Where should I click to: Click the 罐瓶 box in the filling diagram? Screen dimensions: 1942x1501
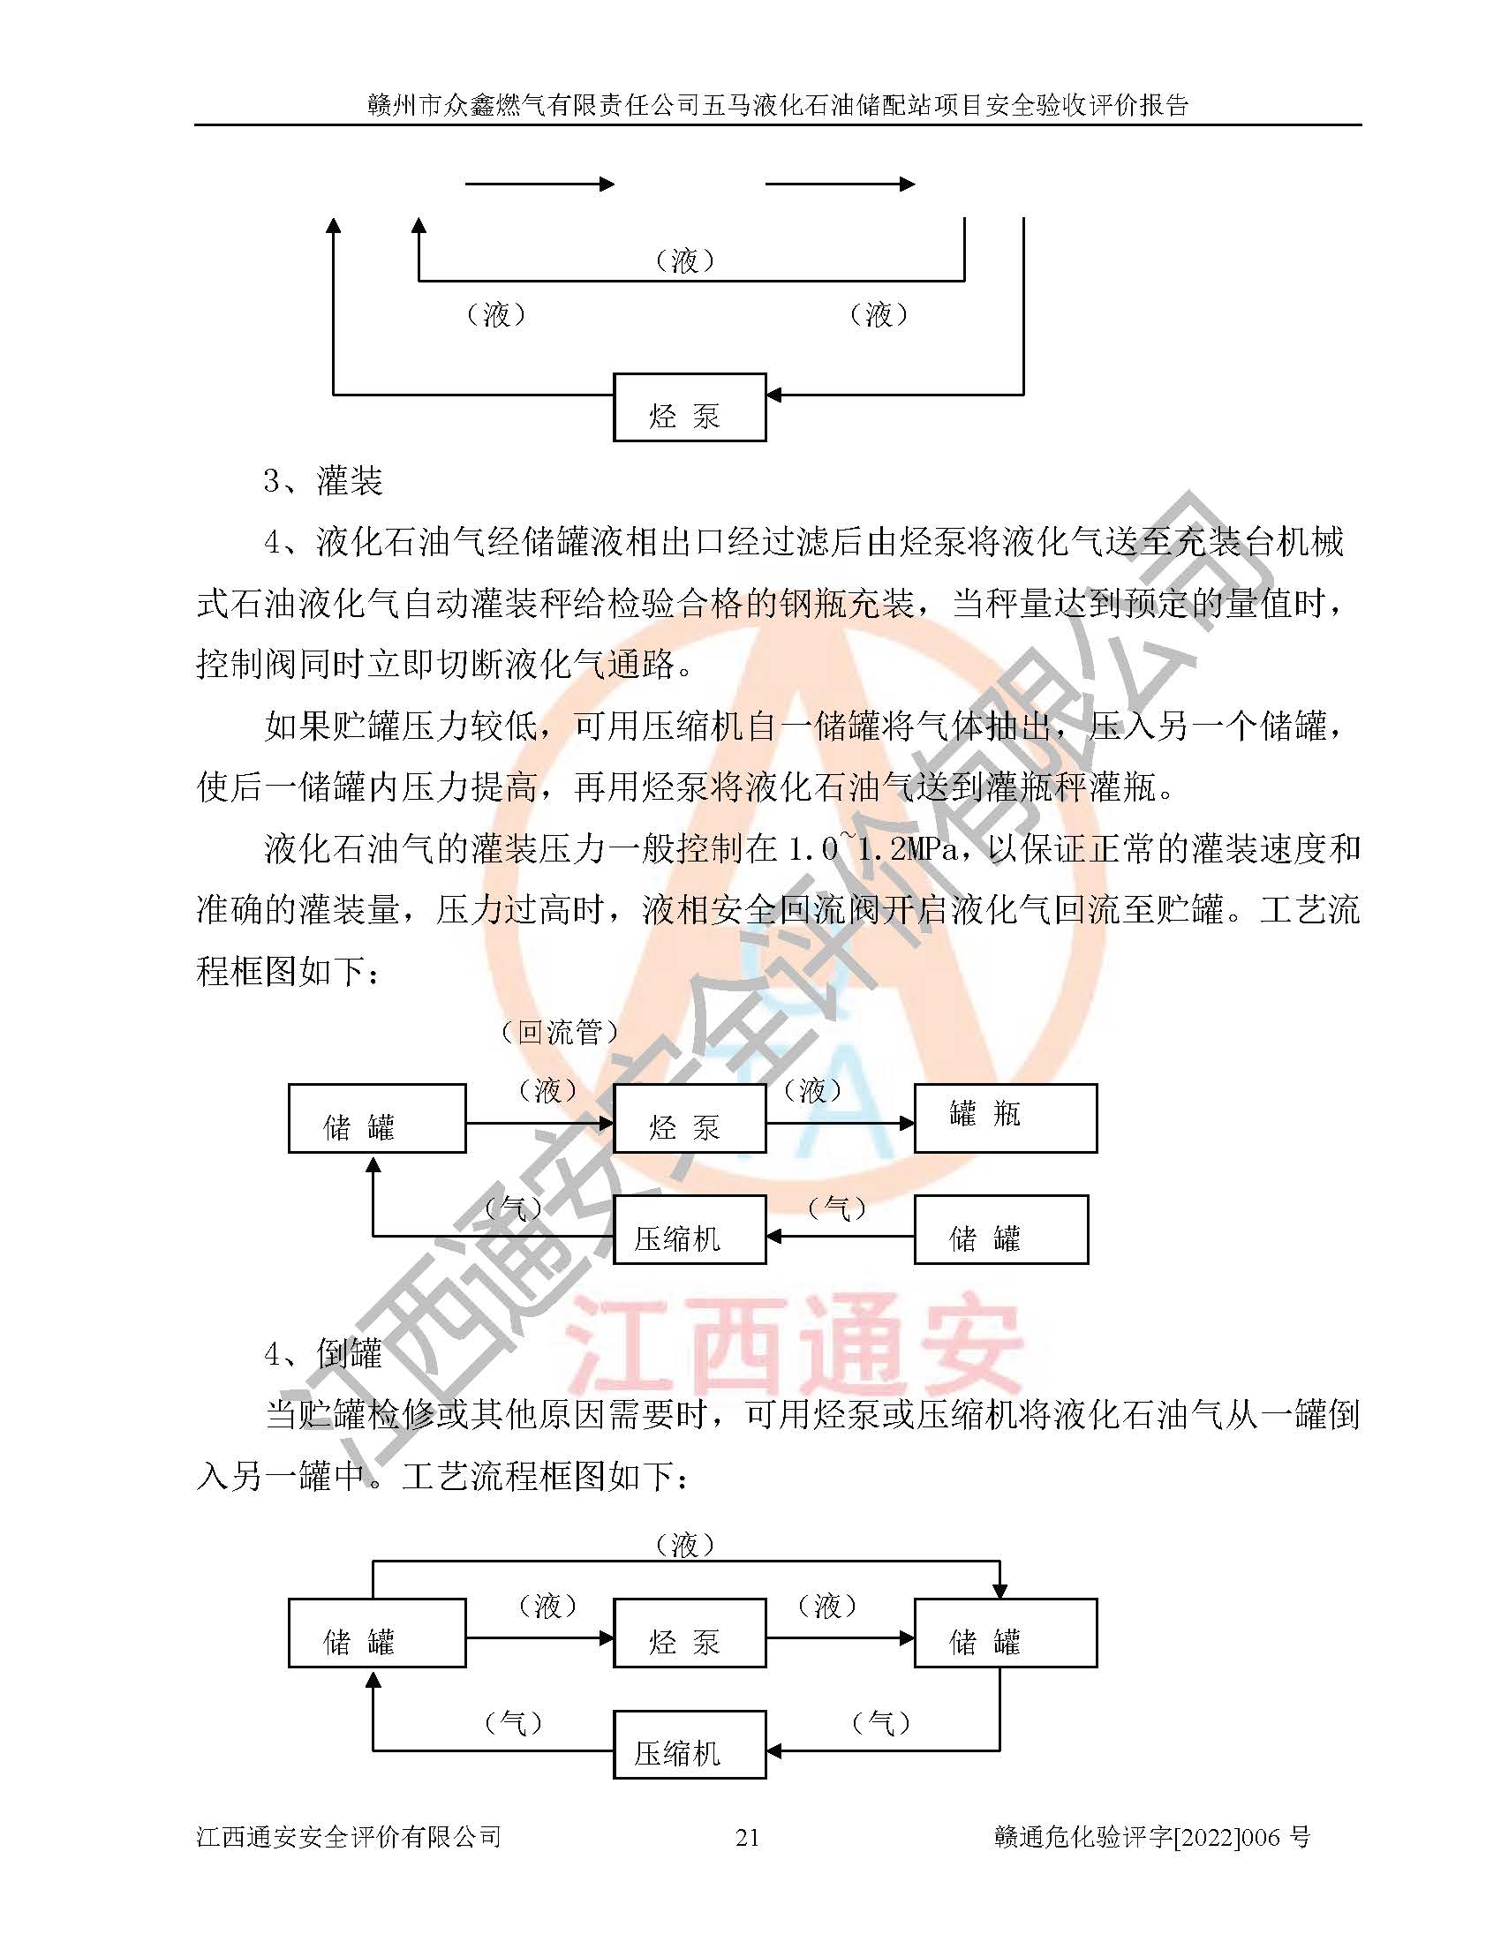(1005, 1118)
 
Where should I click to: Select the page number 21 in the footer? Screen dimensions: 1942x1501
(748, 1837)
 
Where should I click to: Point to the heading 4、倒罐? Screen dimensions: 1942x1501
(323, 1353)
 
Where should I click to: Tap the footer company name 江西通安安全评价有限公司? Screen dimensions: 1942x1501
(349, 1837)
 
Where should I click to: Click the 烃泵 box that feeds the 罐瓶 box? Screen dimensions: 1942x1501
(690, 1118)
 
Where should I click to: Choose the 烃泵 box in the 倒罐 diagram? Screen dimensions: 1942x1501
(690, 1632)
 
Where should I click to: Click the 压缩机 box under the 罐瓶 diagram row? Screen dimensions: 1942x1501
(690, 1230)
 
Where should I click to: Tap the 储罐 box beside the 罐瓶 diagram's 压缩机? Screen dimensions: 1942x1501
(1000, 1230)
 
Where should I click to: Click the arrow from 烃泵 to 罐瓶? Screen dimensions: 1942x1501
(840, 1124)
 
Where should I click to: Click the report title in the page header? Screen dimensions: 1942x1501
(778, 105)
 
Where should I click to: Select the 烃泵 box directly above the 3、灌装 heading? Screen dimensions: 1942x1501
(690, 407)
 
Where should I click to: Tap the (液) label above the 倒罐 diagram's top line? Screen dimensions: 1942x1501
(684, 1546)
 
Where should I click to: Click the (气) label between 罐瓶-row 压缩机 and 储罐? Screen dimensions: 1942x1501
(837, 1208)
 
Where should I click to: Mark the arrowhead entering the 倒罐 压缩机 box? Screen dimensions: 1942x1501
(773, 1750)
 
